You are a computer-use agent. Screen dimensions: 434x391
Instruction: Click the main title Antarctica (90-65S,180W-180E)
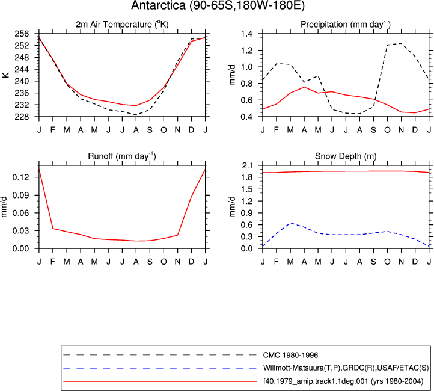pyautogui.click(x=218, y=5)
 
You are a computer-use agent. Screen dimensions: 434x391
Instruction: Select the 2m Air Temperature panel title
pyautogui.click(x=122, y=25)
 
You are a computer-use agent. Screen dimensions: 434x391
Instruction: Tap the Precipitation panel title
pyautogui.click(x=346, y=25)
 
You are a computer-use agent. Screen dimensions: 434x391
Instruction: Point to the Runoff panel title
pyautogui.click(x=122, y=156)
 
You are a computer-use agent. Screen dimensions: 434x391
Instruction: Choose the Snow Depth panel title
pyautogui.click(x=346, y=156)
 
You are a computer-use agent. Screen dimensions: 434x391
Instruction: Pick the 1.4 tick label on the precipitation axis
pyautogui.click(x=246, y=34)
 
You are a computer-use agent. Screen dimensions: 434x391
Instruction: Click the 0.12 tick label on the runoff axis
pyautogui.click(x=21, y=177)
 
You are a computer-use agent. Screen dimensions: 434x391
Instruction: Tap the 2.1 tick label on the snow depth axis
pyautogui.click(x=247, y=165)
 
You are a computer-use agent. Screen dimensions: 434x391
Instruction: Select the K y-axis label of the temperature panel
pyautogui.click(x=6, y=75)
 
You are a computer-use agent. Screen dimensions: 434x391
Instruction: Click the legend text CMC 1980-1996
pyautogui.click(x=290, y=355)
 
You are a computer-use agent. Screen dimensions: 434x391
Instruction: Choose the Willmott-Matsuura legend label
pyautogui.click(x=346, y=368)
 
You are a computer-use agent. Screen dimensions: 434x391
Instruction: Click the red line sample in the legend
pyautogui.click(x=160, y=382)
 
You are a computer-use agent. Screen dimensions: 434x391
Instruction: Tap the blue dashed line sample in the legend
pyautogui.click(x=160, y=368)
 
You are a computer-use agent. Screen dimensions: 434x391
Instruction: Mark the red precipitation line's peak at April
pyautogui.click(x=304, y=87)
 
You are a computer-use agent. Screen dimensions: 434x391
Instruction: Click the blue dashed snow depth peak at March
pyautogui.click(x=290, y=223)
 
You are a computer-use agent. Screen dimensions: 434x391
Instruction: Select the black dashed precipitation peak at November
pyautogui.click(x=401, y=43)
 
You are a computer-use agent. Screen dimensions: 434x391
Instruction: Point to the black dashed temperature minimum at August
pyautogui.click(x=136, y=115)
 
